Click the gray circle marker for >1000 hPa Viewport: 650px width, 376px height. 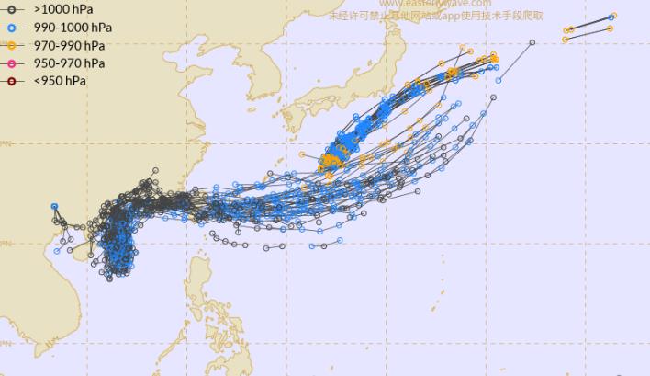(x=12, y=9)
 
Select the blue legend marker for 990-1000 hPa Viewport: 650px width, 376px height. (x=12, y=28)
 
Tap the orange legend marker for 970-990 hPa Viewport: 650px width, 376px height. (x=12, y=45)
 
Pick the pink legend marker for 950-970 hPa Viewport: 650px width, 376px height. (x=12, y=63)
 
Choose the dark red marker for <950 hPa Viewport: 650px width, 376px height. (x=12, y=81)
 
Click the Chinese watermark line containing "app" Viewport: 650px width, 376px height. (x=436, y=15)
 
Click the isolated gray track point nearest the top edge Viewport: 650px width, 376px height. (x=532, y=42)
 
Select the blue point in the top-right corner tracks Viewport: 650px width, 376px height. (x=612, y=16)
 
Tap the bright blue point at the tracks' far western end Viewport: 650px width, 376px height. (x=55, y=207)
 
